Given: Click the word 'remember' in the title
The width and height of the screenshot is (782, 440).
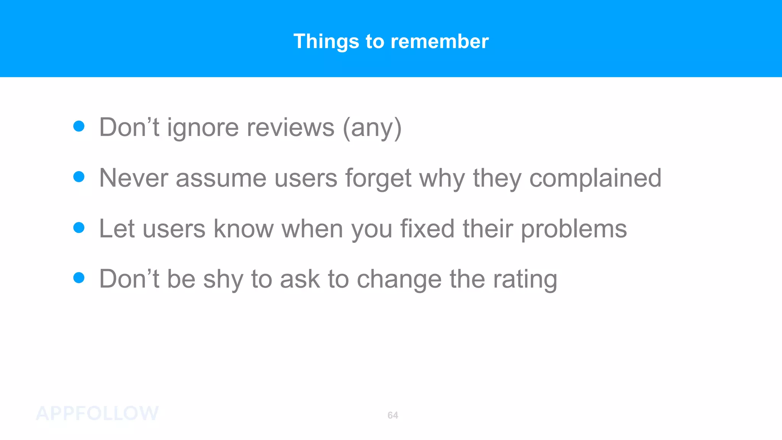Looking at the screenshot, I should [x=439, y=41].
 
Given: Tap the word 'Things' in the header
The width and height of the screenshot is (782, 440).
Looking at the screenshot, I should [x=326, y=41].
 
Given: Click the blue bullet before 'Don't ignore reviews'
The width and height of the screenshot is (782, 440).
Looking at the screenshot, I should [x=79, y=126].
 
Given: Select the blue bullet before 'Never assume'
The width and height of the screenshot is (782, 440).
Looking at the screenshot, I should [x=79, y=177].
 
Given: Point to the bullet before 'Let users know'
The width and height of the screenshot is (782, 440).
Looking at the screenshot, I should [x=79, y=228].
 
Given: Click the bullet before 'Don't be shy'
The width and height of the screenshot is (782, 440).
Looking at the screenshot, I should [x=79, y=278].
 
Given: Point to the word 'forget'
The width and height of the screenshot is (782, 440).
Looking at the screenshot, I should [x=378, y=179].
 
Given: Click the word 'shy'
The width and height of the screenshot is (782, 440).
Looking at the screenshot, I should [x=223, y=280].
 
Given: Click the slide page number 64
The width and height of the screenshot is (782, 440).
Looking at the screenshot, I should [x=393, y=415].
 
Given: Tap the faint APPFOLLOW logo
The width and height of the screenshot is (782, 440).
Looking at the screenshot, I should [x=97, y=413].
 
